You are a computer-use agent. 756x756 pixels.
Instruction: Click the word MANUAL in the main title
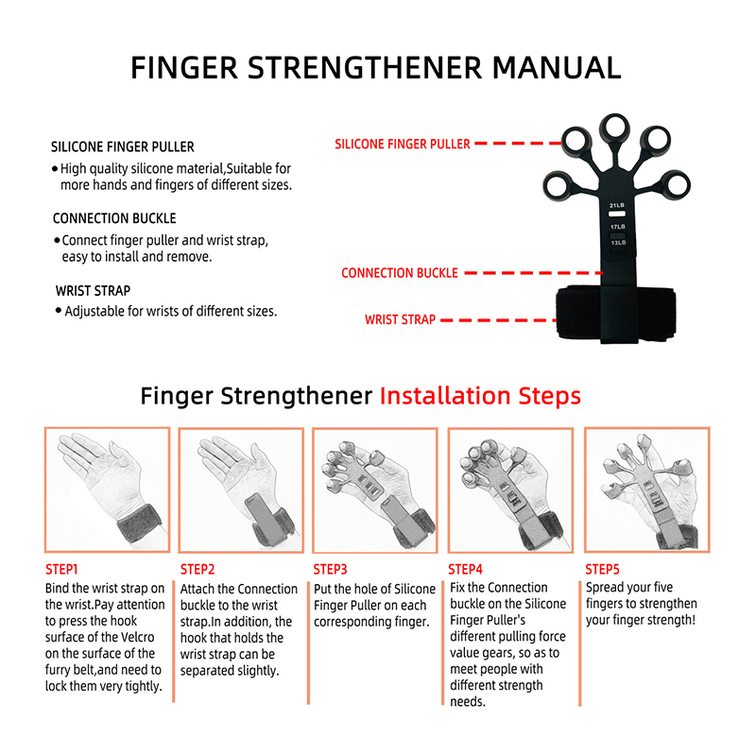pos(557,67)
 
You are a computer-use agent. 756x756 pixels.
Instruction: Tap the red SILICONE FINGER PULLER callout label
pos(403,144)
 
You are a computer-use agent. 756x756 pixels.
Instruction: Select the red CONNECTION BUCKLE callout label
pos(399,273)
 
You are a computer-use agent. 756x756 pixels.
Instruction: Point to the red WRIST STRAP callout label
pos(400,319)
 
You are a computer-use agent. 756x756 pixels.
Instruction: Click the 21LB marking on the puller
pos(617,205)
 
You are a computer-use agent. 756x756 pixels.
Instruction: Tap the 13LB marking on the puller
pos(618,243)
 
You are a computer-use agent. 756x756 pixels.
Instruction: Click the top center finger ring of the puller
pos(615,129)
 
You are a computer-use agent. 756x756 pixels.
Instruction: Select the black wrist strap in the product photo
pos(616,314)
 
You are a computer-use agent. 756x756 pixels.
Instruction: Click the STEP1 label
pos(61,570)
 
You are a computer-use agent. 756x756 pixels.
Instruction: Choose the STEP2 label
pos(198,570)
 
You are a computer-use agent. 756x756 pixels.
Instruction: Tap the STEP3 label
pos(330,570)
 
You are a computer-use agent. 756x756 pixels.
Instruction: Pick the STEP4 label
pos(465,570)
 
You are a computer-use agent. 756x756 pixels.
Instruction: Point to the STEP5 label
pos(602,570)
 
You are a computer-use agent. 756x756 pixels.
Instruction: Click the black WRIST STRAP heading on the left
pos(93,291)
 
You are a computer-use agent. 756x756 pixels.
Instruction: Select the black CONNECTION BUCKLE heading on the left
pos(114,218)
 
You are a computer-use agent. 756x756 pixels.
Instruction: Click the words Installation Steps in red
pos(480,396)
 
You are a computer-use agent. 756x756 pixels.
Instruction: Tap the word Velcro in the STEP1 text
pos(136,637)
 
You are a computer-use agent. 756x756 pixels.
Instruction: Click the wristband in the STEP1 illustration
pos(139,524)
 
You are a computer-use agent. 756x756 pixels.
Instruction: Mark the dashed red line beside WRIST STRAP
pos(499,320)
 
